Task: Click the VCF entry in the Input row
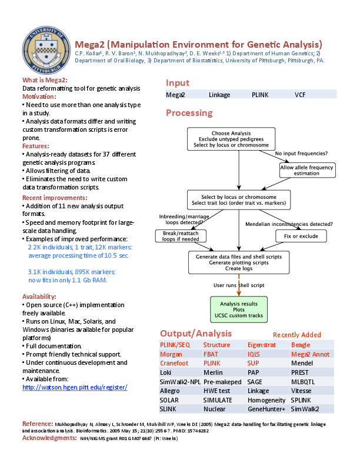point(300,94)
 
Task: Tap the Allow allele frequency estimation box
point(306,170)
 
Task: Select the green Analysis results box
point(238,309)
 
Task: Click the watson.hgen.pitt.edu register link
point(75,387)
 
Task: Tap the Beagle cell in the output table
point(301,345)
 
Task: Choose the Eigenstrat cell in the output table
point(261,345)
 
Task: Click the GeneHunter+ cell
point(266,408)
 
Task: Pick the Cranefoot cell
point(174,363)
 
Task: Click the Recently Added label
point(297,334)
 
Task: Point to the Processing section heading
point(189,113)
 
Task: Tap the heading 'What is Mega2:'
point(45,79)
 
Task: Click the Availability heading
point(39,297)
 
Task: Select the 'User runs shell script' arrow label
point(238,285)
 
